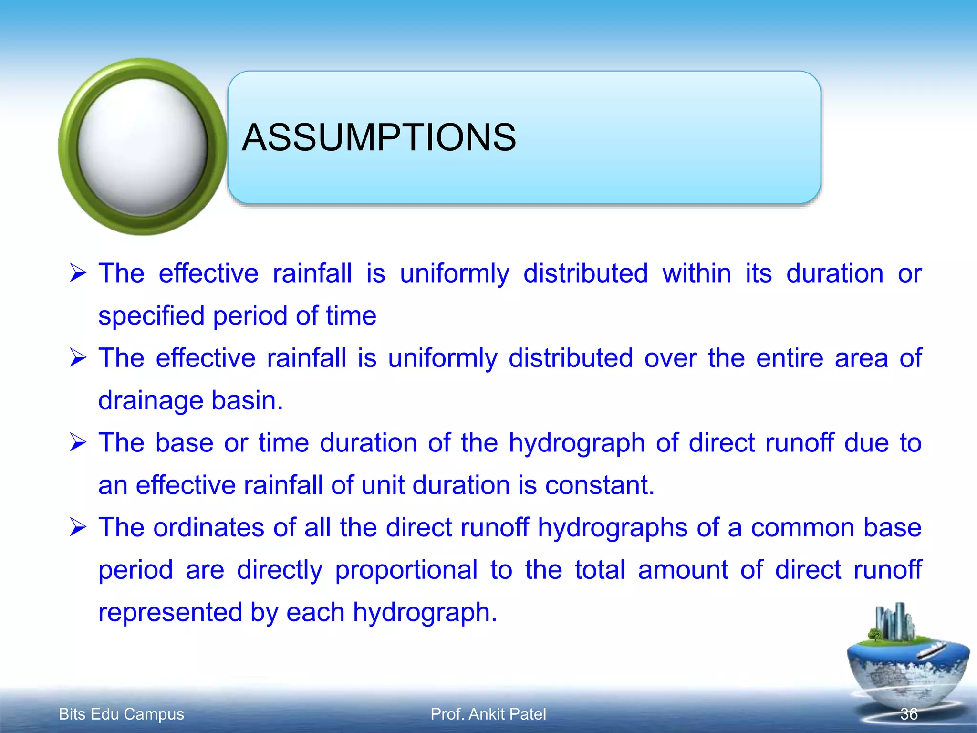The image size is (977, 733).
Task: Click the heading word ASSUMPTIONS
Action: pos(379,137)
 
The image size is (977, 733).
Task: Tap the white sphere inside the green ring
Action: pos(142,146)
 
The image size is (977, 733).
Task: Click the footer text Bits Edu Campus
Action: pos(121,714)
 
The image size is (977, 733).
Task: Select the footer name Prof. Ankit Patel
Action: pos(488,714)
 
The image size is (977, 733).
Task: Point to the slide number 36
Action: pos(909,714)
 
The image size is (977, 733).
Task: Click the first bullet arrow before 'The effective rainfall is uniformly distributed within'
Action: pos(78,273)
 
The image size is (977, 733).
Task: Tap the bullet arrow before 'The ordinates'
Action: pos(78,527)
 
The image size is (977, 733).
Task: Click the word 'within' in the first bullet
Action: pos(696,274)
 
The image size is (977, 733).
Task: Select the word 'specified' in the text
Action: pos(151,316)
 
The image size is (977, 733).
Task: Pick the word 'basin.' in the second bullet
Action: pos(247,400)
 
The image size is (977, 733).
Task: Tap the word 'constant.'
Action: pos(600,485)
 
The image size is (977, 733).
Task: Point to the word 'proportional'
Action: pos(406,570)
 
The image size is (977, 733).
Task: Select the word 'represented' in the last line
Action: pos(170,612)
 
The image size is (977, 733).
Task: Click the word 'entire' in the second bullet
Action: pos(790,358)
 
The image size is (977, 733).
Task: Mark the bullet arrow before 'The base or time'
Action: pos(78,442)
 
